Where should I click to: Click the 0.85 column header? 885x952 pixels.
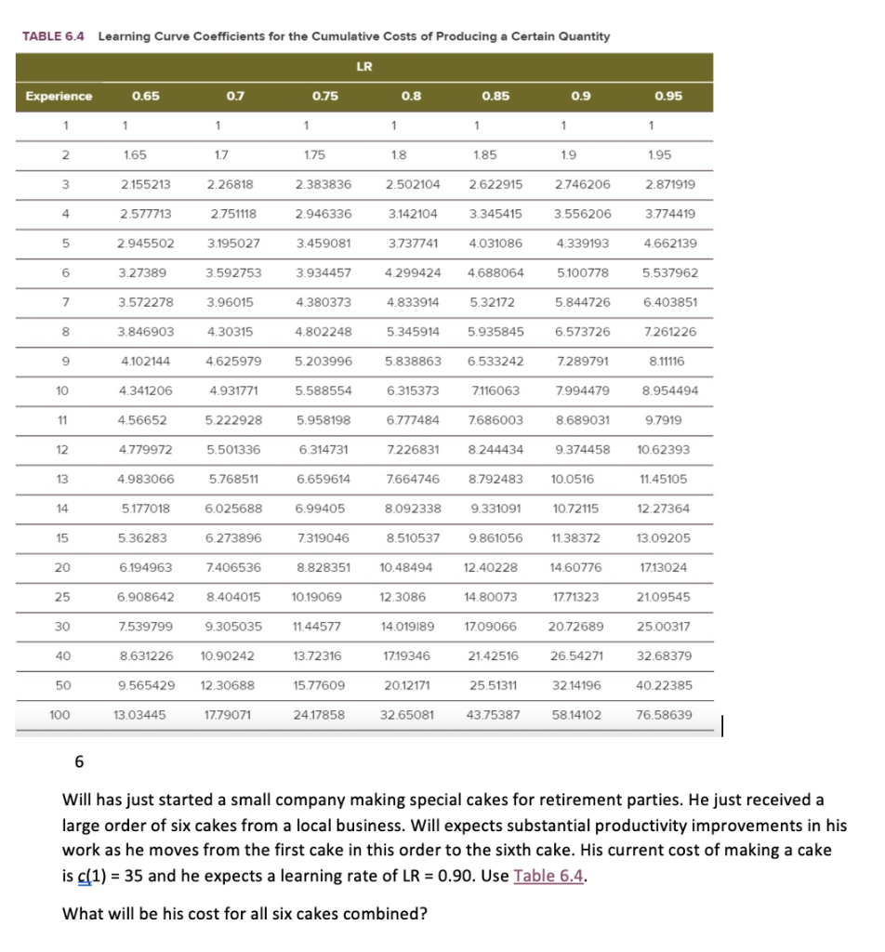click(496, 96)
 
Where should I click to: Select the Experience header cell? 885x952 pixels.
click(59, 96)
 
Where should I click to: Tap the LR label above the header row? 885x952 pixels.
click(364, 66)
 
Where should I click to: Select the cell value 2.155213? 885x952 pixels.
click(143, 184)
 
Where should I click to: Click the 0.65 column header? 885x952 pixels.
click(144, 96)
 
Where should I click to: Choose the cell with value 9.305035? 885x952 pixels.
click(233, 626)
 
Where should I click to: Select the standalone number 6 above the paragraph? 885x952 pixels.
click(78, 762)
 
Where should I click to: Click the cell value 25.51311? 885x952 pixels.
click(496, 684)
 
